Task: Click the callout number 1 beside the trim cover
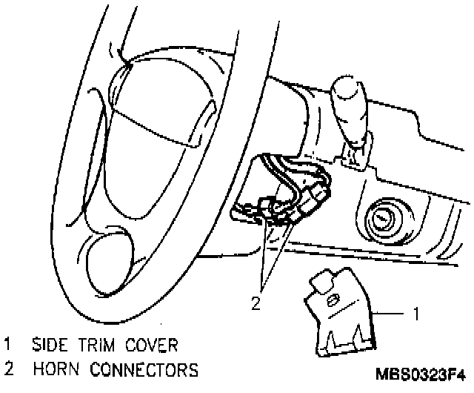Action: pos(415,314)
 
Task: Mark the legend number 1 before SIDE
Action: pos(8,345)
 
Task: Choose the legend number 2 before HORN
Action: pos(8,369)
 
